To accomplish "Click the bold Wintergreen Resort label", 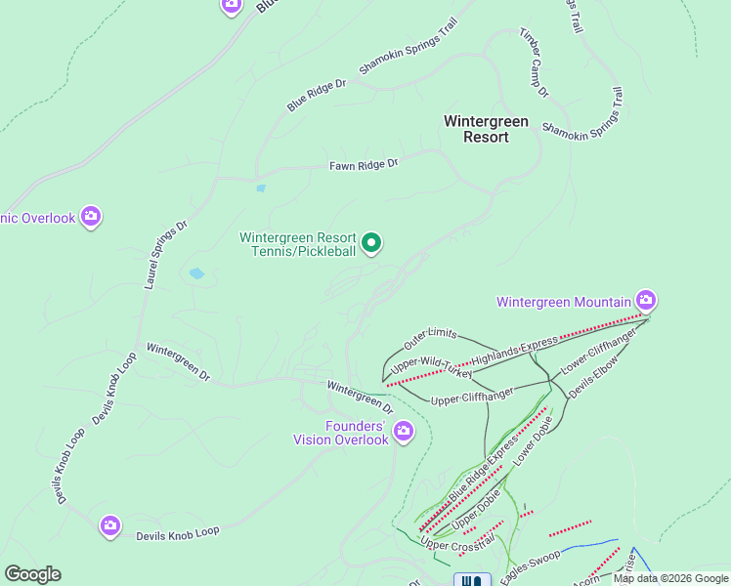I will (486, 129).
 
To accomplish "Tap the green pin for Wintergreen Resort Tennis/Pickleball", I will (371, 242).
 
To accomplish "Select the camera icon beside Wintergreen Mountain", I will (645, 299).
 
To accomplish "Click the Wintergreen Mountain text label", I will (565, 302).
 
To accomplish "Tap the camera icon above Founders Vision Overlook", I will (403, 431).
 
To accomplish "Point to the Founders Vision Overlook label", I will (341, 432).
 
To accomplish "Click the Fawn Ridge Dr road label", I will (364, 165).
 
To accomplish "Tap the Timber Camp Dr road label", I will (534, 63).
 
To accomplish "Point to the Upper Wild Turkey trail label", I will (431, 368).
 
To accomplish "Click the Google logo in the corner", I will (32, 574).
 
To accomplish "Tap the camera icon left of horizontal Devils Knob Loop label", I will (110, 526).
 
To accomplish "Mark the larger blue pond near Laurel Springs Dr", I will (196, 274).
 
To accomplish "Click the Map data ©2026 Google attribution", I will (670, 578).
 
